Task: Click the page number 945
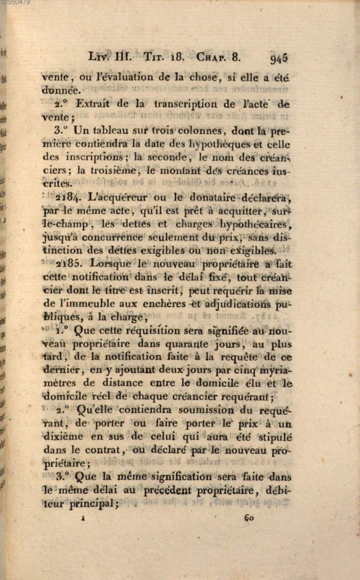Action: click(279, 58)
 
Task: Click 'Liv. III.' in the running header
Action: click(110, 57)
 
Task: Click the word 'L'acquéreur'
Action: click(118, 198)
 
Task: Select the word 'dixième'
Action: click(63, 436)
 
